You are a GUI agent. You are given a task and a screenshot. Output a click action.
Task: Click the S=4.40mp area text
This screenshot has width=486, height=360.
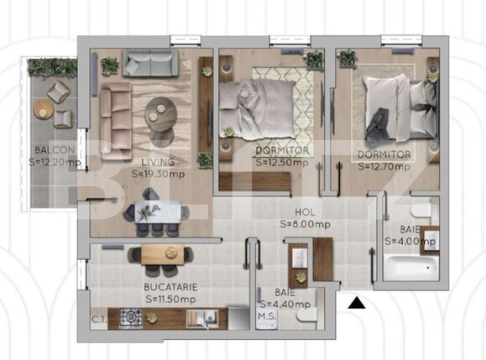(285, 304)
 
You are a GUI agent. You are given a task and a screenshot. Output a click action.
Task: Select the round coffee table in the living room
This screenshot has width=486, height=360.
(159, 110)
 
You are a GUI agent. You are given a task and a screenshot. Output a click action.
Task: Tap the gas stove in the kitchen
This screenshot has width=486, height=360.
(133, 318)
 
